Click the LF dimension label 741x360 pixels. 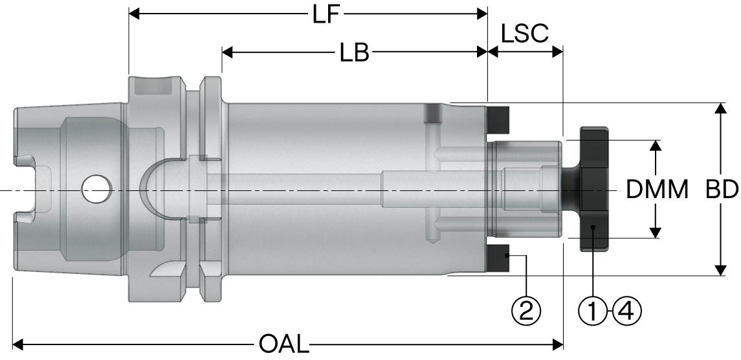327,14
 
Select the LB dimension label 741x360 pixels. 354,53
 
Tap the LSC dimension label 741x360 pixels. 525,33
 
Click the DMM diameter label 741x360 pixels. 657,190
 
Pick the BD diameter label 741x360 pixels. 722,190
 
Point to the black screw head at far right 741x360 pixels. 594,189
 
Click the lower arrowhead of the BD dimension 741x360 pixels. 720,270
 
